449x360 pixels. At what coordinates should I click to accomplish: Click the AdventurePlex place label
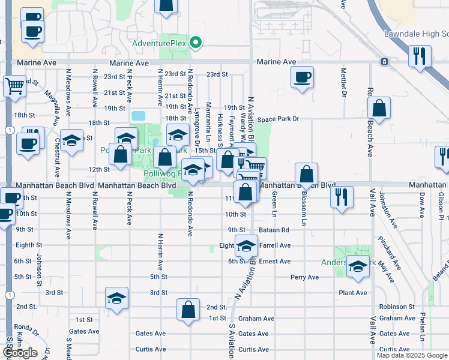tap(159, 44)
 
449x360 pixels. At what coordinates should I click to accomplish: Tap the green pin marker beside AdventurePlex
tap(195, 43)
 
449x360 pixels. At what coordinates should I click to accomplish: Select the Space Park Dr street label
tap(278, 119)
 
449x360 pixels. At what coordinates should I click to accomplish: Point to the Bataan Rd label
tap(274, 230)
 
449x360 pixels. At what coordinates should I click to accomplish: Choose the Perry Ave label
tap(304, 277)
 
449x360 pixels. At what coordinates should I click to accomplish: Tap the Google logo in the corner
tap(20, 353)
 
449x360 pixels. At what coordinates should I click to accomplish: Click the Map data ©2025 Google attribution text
tap(412, 355)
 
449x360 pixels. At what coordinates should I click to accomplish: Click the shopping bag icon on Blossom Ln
tap(306, 174)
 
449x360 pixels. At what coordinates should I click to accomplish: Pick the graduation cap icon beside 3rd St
tap(116, 298)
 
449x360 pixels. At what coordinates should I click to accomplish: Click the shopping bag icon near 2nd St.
tap(188, 310)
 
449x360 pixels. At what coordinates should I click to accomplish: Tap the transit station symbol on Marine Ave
tap(384, 62)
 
